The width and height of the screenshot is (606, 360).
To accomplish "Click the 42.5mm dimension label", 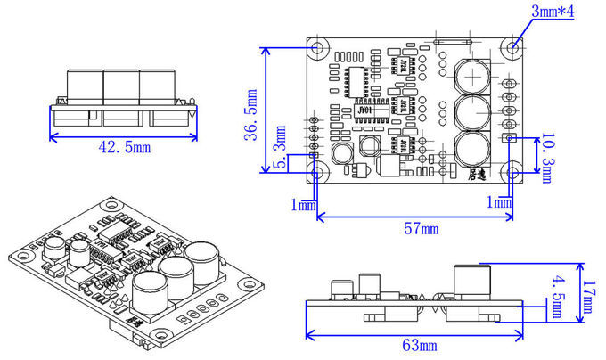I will coord(124,148).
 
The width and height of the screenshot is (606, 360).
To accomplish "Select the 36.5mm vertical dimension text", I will coord(253,110).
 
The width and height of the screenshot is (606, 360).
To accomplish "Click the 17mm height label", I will coord(589,297).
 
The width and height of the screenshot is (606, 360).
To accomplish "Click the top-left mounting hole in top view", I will coord(317,47).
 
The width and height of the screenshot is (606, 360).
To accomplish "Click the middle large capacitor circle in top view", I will coord(473,113).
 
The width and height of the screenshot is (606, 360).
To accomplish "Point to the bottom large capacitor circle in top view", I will coord(473,151).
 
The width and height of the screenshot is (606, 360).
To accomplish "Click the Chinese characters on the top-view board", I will coord(483,176).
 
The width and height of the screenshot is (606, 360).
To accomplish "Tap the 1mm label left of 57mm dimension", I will coord(303,205).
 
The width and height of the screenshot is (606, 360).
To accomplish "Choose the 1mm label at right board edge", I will coord(501,204).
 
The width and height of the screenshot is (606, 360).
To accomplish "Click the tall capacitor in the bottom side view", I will coord(472,284).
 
